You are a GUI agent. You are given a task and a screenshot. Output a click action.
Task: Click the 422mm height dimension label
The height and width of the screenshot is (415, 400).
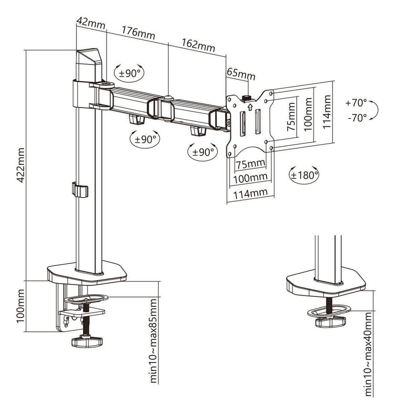21,165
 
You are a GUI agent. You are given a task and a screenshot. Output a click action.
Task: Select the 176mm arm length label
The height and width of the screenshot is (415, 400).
138,33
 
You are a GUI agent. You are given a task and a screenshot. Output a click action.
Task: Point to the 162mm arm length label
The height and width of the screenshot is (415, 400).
198,45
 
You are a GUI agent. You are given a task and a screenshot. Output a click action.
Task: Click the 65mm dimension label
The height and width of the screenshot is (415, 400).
241,74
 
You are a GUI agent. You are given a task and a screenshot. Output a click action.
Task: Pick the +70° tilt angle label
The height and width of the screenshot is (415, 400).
356,103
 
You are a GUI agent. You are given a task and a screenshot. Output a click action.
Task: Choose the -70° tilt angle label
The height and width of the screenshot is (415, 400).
357,118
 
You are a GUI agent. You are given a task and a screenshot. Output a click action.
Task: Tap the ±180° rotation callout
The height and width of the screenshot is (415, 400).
304,175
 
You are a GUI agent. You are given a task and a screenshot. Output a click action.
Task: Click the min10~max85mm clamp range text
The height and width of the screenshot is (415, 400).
153,340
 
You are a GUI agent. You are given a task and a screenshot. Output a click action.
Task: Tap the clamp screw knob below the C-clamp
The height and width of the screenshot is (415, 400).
87,341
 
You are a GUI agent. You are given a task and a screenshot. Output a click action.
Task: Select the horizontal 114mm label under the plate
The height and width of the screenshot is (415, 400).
250,194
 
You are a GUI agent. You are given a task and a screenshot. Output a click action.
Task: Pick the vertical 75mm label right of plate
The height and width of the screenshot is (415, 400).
291,117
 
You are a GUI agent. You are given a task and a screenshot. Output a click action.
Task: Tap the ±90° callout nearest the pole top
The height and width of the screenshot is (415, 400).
130,73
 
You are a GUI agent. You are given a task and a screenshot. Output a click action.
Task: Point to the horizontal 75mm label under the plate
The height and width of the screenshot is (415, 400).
250,164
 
